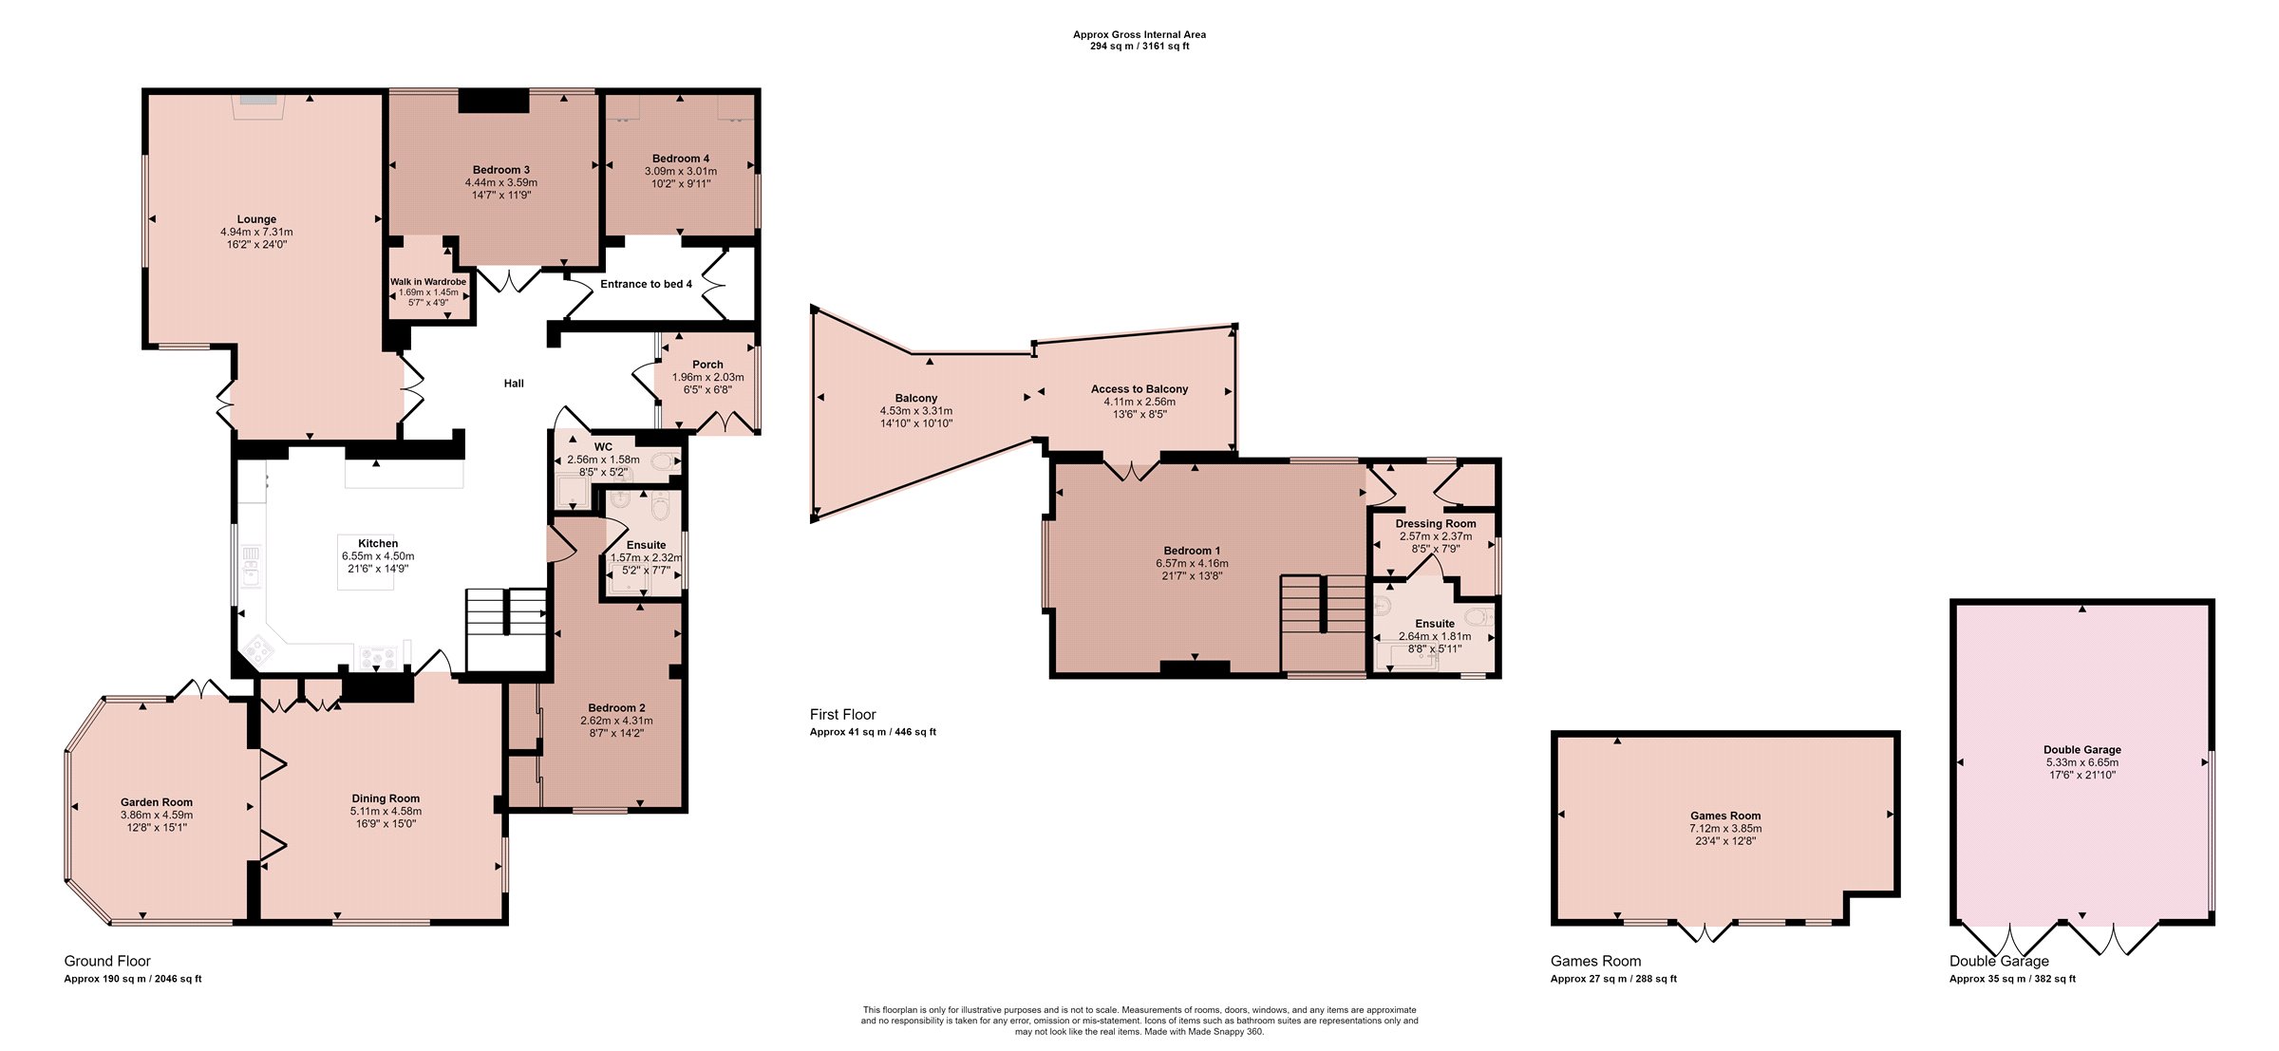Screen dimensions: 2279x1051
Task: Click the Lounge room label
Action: point(256,219)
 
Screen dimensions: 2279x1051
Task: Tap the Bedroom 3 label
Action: point(501,170)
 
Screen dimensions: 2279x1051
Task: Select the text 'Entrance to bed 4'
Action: point(646,284)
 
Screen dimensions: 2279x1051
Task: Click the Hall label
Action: point(514,384)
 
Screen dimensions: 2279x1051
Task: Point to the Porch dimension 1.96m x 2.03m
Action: point(707,377)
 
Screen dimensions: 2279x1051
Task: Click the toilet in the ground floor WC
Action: point(669,462)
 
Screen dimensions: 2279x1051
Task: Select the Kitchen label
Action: point(378,544)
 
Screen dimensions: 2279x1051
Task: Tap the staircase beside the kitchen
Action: point(506,629)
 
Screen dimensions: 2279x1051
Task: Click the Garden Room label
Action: point(157,802)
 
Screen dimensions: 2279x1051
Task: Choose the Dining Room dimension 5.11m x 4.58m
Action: point(386,812)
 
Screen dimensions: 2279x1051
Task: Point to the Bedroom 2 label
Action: point(616,708)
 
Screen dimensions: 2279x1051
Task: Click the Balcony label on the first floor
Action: point(916,399)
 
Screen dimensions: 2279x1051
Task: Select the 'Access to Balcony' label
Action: point(1139,389)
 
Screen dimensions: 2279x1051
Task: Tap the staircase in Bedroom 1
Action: point(1323,625)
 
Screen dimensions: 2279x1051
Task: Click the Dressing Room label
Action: point(1436,524)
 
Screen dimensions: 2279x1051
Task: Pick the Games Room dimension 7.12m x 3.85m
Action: point(1725,829)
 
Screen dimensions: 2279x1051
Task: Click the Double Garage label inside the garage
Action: point(2082,750)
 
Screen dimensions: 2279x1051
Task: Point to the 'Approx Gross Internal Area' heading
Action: point(1139,35)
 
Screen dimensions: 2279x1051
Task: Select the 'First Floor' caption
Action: point(843,715)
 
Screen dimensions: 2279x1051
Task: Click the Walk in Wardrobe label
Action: point(428,282)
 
